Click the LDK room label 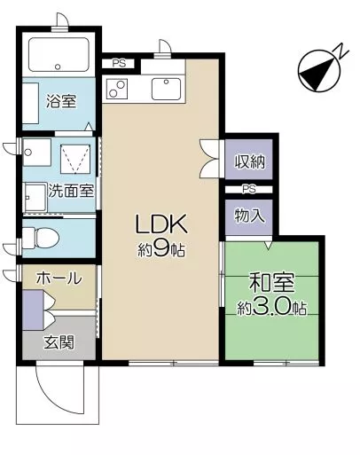pyautogui.click(x=160, y=224)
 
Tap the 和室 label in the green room pyautogui.click(x=272, y=282)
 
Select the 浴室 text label pyautogui.click(x=61, y=101)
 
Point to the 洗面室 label pyautogui.click(x=71, y=191)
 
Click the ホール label pyautogui.click(x=59, y=278)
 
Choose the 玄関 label pyautogui.click(x=59, y=342)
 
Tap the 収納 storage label pyautogui.click(x=250, y=161)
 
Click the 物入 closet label pyautogui.click(x=249, y=216)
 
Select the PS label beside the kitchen pyautogui.click(x=119, y=64)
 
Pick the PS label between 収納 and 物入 pyautogui.click(x=249, y=189)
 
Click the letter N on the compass pyautogui.click(x=342, y=51)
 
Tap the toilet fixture pyautogui.click(x=41, y=238)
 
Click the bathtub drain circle pyautogui.click(x=59, y=67)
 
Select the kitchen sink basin pyautogui.click(x=167, y=89)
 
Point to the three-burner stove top pyautogui.click(x=117, y=89)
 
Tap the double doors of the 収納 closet pyautogui.click(x=210, y=159)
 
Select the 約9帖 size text pyautogui.click(x=161, y=250)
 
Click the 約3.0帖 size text pyautogui.click(x=272, y=308)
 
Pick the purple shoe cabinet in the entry pyautogui.click(x=33, y=310)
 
